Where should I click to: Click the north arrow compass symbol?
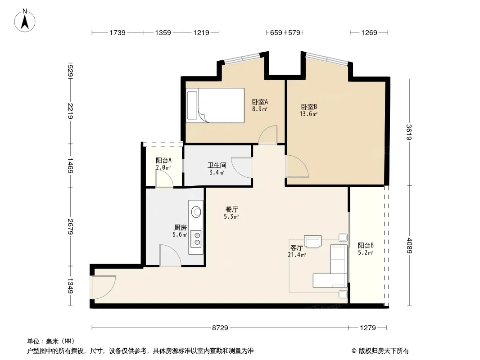[25, 21]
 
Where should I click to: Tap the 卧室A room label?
[260, 102]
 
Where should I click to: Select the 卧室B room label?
[309, 107]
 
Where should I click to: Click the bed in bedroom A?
[215, 105]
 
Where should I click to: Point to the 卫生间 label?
[217, 166]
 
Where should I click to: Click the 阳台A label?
[163, 160]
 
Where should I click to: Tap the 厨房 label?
[180, 228]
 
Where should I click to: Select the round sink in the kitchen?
[196, 211]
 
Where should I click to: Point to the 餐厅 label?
[232, 210]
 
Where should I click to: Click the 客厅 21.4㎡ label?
[297, 251]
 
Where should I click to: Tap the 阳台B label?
[366, 245]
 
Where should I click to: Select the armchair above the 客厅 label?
[312, 241]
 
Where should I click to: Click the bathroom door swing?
[242, 167]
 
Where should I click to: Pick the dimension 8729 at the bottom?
[220, 328]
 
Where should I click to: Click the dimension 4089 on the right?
[409, 246]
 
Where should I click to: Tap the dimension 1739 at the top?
[118, 32]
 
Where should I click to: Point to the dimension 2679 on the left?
[70, 227]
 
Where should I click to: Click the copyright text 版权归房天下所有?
[384, 351]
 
